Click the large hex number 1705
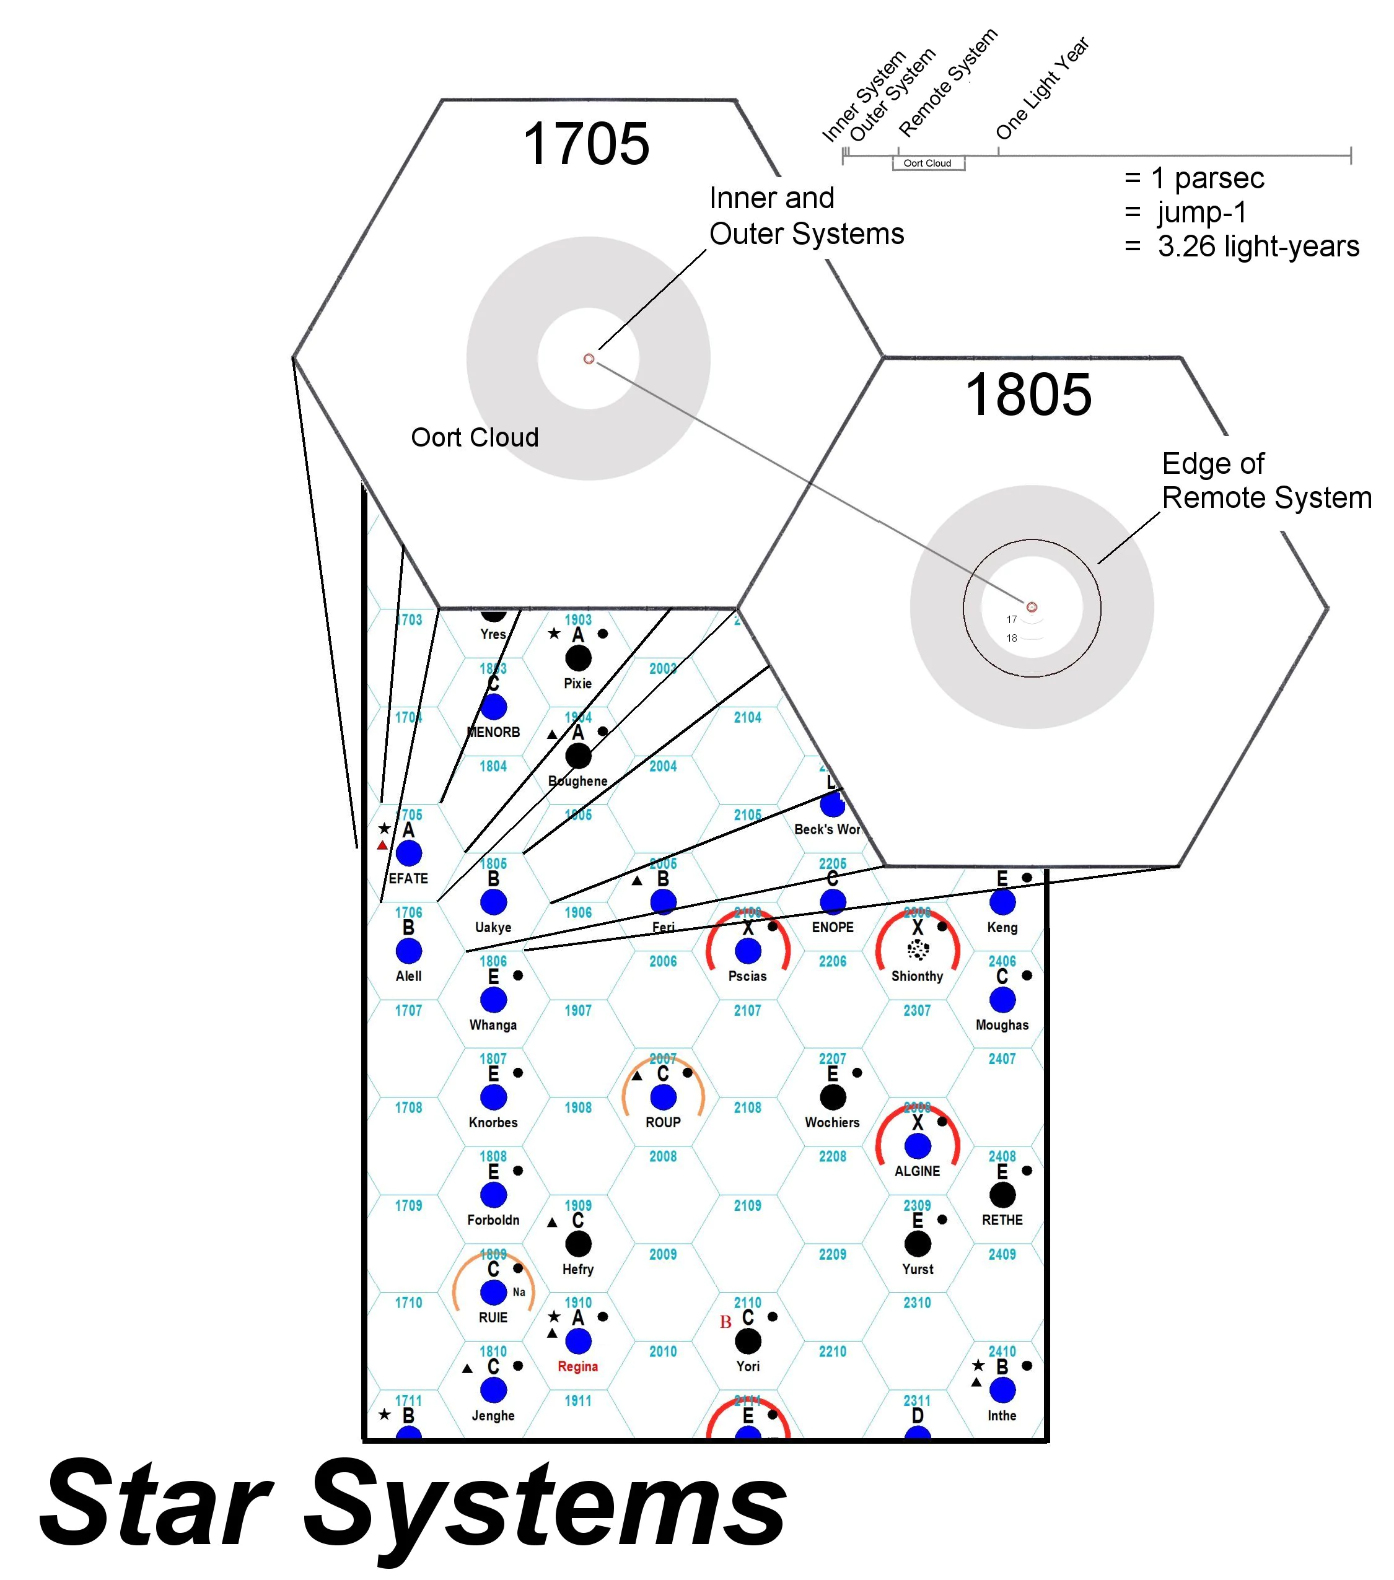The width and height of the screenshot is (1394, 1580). tap(585, 144)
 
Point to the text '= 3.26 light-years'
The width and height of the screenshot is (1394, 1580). tap(1241, 247)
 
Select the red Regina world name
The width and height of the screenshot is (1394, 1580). tap(577, 1367)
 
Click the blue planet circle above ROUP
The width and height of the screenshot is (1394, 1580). tap(662, 1097)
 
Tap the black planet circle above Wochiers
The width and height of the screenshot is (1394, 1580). tap(832, 1097)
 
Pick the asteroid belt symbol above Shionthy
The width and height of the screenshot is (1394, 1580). tap(917, 950)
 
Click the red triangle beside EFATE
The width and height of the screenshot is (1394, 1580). tap(382, 845)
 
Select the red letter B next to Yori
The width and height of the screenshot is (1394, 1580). tap(725, 1322)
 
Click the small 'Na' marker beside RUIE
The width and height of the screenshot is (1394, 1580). tap(519, 1291)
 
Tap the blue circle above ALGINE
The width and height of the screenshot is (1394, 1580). tap(917, 1146)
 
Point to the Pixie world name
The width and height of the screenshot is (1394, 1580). tap(577, 683)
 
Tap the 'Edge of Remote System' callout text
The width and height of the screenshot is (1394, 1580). tap(1266, 481)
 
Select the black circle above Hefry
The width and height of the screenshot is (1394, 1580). tap(577, 1244)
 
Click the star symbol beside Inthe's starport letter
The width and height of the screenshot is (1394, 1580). tap(978, 1366)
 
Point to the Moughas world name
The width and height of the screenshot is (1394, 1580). tap(1001, 1025)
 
